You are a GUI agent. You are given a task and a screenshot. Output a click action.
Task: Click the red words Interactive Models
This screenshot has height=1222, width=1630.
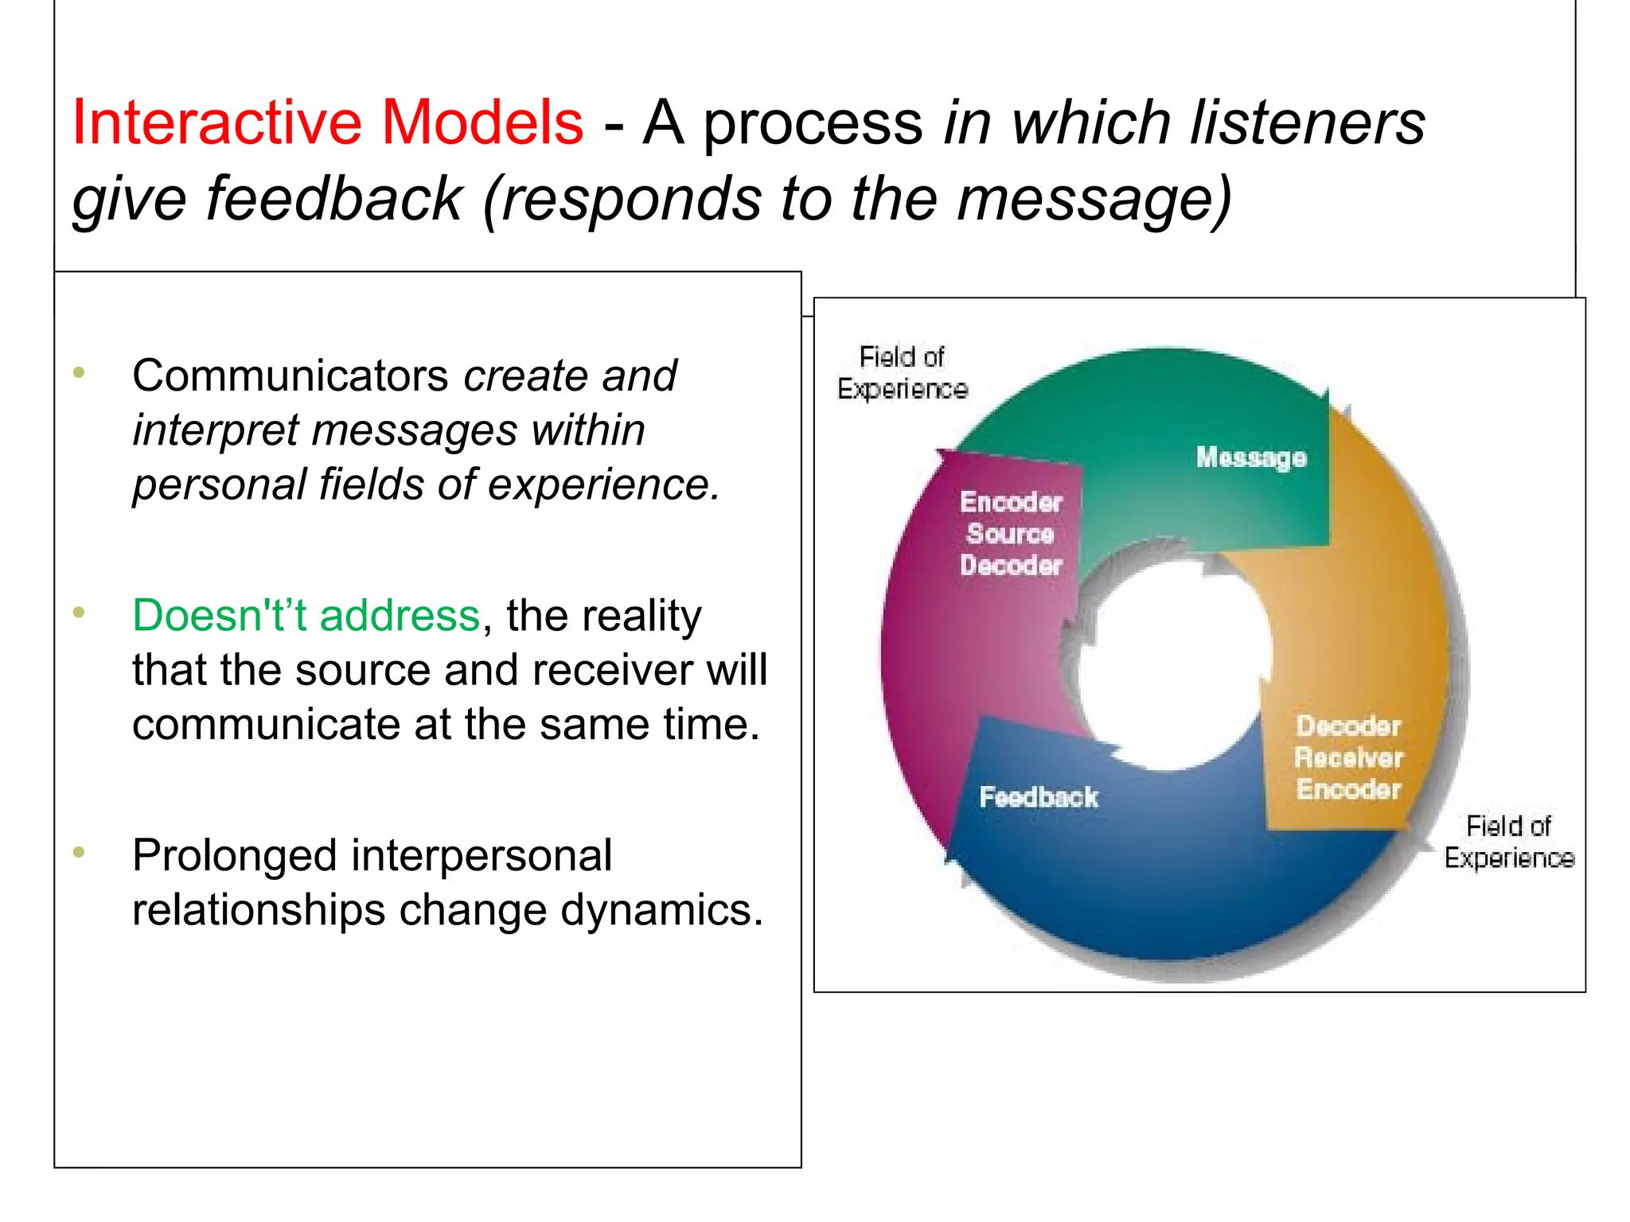coord(327,123)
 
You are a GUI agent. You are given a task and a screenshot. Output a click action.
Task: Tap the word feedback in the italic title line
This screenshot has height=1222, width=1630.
coord(333,199)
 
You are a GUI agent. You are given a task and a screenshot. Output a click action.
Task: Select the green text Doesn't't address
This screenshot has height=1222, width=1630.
coord(306,615)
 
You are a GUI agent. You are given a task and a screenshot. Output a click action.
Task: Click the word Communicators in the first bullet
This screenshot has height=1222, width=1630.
coord(291,376)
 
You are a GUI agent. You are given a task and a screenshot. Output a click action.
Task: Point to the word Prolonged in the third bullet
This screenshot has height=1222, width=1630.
coord(235,856)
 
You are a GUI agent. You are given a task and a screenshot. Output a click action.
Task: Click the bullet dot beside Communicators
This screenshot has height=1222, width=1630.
coord(78,372)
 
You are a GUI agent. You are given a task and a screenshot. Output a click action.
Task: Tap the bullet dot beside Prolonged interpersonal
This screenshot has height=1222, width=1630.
coord(78,852)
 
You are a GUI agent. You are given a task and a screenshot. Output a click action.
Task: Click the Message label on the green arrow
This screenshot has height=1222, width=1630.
coord(1251,457)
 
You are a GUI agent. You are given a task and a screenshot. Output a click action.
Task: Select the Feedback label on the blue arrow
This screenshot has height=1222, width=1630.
coord(1038,796)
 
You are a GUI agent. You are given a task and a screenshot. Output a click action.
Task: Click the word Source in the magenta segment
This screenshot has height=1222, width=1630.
coord(1010,533)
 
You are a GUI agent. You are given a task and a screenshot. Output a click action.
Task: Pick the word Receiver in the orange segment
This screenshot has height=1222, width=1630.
coord(1348,757)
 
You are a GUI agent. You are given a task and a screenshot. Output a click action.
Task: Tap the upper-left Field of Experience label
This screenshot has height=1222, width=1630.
coord(903,372)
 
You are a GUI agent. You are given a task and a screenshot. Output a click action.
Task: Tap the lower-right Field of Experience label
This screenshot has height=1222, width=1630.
coord(1509,842)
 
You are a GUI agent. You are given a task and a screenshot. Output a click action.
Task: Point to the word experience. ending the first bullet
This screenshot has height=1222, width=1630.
coord(603,485)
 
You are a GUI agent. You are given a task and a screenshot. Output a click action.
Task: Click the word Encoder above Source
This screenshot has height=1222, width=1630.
coord(1011,502)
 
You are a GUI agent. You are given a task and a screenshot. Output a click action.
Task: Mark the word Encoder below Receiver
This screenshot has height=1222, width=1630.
coord(1348,789)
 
